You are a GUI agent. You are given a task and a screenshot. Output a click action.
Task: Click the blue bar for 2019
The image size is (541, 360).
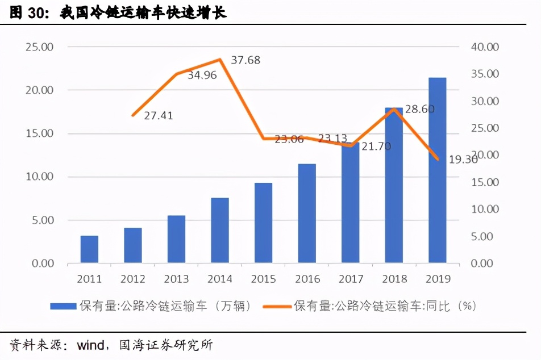tap(437, 170)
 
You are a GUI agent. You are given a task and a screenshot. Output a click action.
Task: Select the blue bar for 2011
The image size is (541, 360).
tap(89, 249)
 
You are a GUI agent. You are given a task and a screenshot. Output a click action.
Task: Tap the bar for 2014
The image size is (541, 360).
tap(219, 231)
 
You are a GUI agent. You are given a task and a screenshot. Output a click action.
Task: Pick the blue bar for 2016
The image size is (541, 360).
tap(307, 214)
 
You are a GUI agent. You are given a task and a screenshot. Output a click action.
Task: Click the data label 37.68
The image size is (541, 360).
tap(245, 60)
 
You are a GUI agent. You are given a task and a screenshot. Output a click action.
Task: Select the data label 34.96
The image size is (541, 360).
tap(202, 75)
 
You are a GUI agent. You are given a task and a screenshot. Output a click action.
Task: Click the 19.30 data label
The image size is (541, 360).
tap(463, 160)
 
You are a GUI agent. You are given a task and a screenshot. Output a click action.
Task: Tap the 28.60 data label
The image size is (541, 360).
tap(420, 109)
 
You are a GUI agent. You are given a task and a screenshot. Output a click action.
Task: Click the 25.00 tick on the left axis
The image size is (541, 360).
tap(39, 47)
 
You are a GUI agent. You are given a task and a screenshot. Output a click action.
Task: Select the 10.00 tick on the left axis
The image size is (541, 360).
tap(39, 177)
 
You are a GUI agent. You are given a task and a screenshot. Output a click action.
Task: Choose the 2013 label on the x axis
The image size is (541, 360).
tap(176, 279)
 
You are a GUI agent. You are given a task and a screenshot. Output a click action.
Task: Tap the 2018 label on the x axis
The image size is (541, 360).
tap(394, 279)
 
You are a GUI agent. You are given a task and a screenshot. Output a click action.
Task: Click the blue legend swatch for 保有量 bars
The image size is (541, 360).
tap(63, 307)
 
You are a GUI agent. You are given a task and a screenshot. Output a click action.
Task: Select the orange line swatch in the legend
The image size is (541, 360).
tap(277, 307)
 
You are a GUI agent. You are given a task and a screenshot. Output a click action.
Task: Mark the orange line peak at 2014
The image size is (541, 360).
tap(219, 59)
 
